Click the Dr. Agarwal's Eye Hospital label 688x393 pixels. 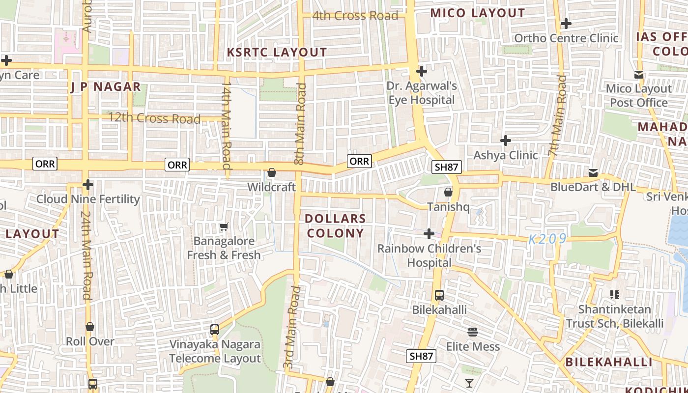[x=422, y=93]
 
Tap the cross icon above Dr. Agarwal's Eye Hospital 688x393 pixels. [x=421, y=71]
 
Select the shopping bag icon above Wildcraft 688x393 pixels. [x=272, y=172]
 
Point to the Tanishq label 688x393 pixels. [x=448, y=207]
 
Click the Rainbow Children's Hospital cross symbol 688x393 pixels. [x=429, y=233]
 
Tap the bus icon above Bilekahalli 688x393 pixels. [x=439, y=295]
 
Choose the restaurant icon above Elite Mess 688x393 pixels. [x=473, y=332]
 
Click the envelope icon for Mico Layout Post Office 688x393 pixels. [x=639, y=75]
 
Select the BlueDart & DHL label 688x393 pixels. [x=593, y=187]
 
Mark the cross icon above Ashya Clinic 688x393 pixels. [x=506, y=141]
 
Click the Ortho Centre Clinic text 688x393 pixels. [x=566, y=38]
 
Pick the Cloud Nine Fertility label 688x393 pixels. [x=88, y=199]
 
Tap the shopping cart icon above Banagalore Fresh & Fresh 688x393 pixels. [x=224, y=226]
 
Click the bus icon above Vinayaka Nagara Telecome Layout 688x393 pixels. [x=215, y=329]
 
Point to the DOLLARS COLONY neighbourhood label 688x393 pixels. [x=336, y=226]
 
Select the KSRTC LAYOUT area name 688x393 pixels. [x=277, y=52]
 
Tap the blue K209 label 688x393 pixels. [x=547, y=239]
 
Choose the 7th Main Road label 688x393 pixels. [x=557, y=116]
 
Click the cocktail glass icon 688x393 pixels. [x=469, y=383]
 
